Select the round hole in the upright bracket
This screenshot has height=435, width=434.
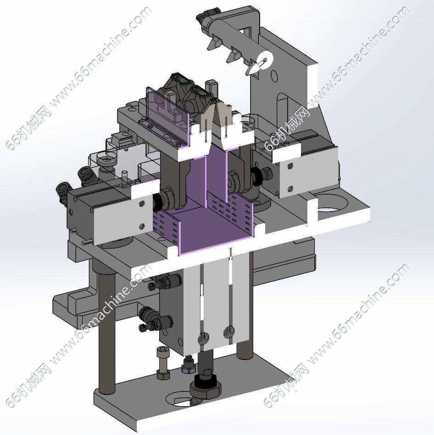274,75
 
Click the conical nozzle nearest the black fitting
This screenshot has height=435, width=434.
213,43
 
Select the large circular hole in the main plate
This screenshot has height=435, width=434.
331,202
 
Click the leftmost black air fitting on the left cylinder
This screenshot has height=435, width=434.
63,192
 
